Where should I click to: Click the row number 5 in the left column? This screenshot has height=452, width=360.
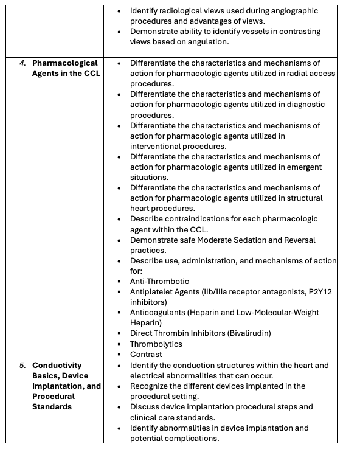pyautogui.click(x=22, y=366)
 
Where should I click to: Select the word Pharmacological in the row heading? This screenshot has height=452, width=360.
pyautogui.click(x=65, y=63)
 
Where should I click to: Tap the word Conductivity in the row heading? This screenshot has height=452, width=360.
pyautogui.click(x=57, y=366)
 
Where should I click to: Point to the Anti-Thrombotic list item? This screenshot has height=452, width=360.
pyautogui.click(x=159, y=282)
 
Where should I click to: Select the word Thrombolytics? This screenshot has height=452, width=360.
pyautogui.click(x=156, y=344)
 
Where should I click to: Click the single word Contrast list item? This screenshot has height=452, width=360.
pyautogui.click(x=146, y=354)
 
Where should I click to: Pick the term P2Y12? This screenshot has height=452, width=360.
pyautogui.click(x=317, y=292)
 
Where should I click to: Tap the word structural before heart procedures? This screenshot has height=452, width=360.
pyautogui.click(x=303, y=198)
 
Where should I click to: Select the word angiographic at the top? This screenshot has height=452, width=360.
pyautogui.click(x=296, y=11)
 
